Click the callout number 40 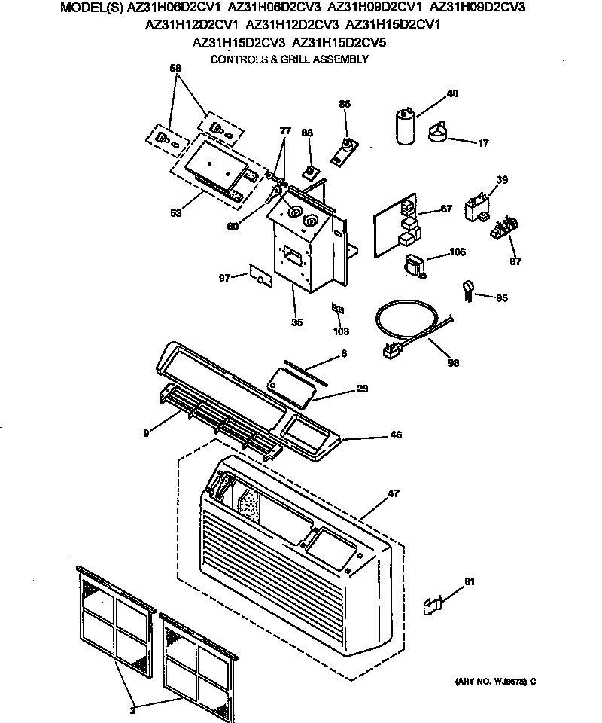click(x=452, y=94)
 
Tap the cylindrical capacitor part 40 click(x=404, y=126)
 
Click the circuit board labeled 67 click(x=397, y=225)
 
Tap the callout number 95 click(x=502, y=298)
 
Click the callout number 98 click(x=453, y=362)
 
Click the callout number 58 click(x=175, y=67)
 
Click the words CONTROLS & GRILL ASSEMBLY click(x=289, y=59)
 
